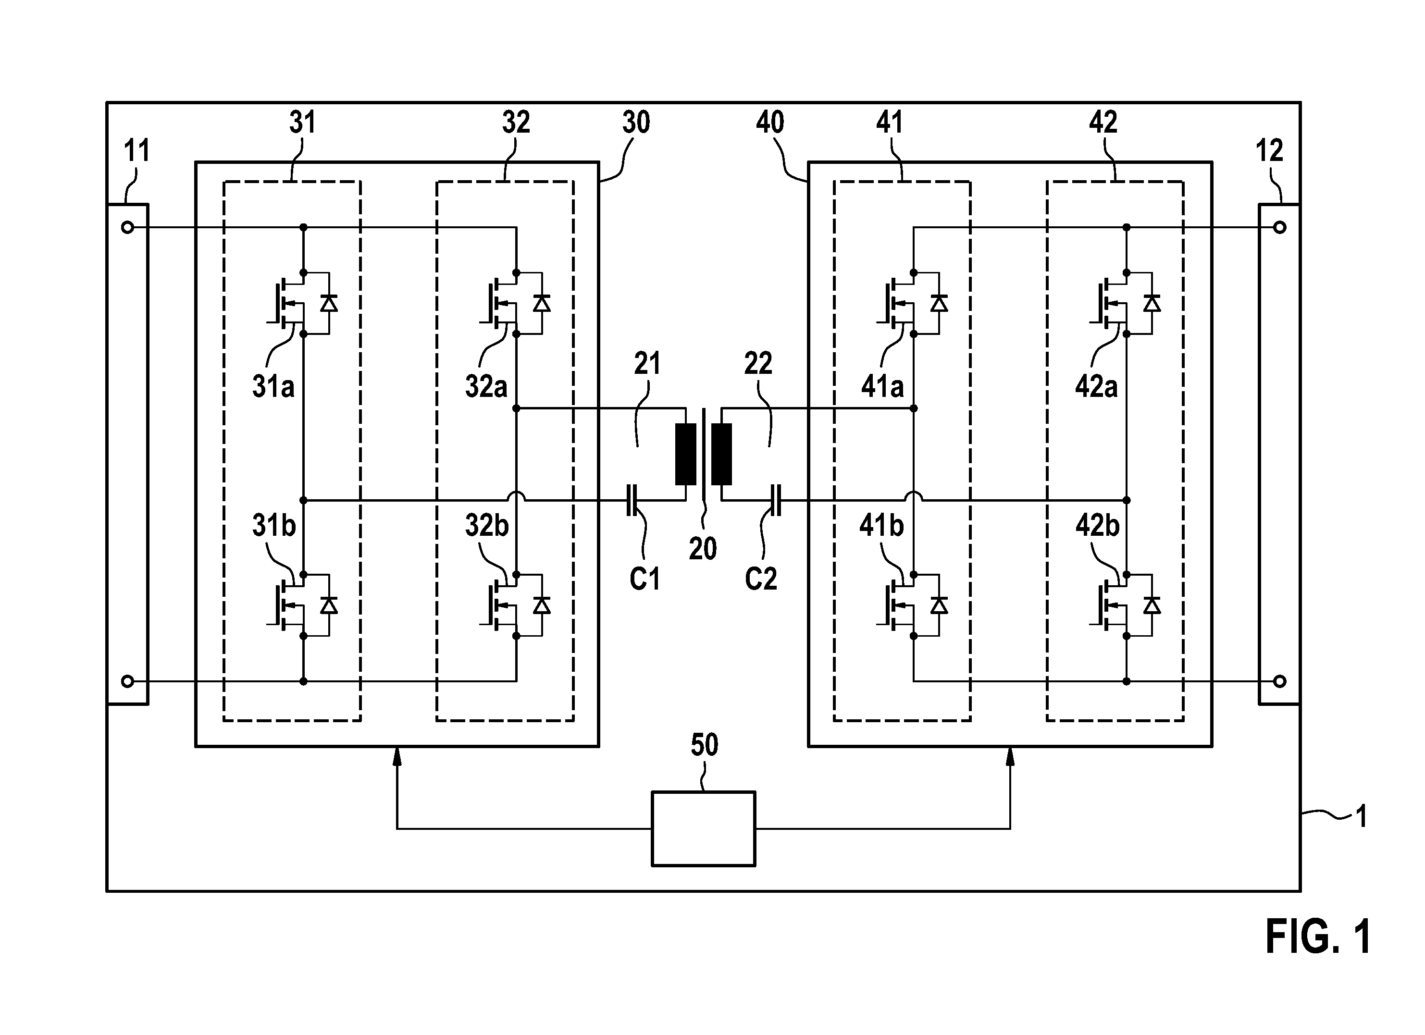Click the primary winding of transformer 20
pos(685,455)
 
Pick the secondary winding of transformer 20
pos(721,455)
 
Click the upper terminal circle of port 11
pos(127,227)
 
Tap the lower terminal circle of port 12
pos(1280,681)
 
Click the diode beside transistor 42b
pos(1152,605)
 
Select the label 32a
pos(486,386)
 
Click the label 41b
pos(881,525)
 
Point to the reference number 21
pos(647,364)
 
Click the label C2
pos(761,579)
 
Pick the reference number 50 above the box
pos(705,745)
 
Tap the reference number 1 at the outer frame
pos(1362,816)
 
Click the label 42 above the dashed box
pos(1103,122)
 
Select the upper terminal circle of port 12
pos(1280,227)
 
